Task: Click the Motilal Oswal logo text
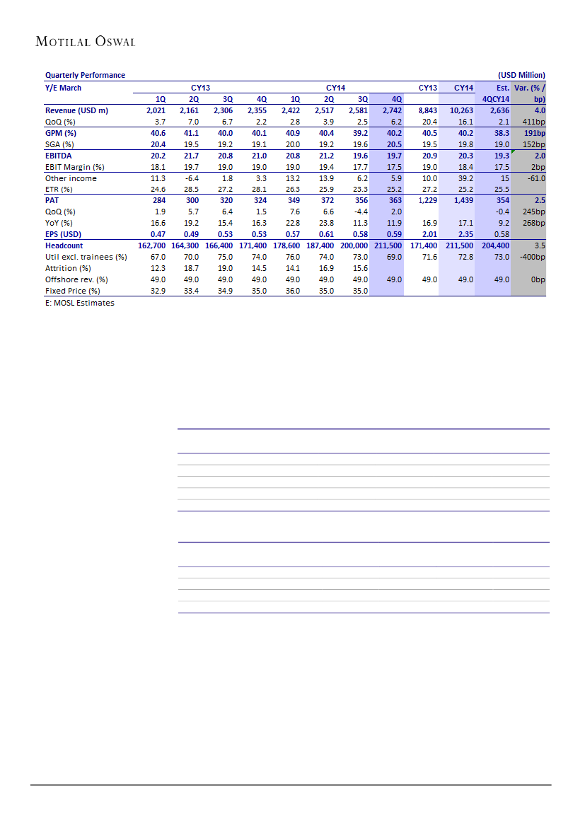86,42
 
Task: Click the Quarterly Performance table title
85,75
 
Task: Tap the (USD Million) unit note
521,75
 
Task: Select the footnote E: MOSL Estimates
79,303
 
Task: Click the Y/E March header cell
63,88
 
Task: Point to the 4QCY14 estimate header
495,100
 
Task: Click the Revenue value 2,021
156,111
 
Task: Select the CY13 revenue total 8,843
427,111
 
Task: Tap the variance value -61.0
534,178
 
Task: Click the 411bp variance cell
533,122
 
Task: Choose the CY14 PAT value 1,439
463,201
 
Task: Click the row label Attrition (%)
68,268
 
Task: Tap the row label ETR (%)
59,190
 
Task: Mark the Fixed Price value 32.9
158,291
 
